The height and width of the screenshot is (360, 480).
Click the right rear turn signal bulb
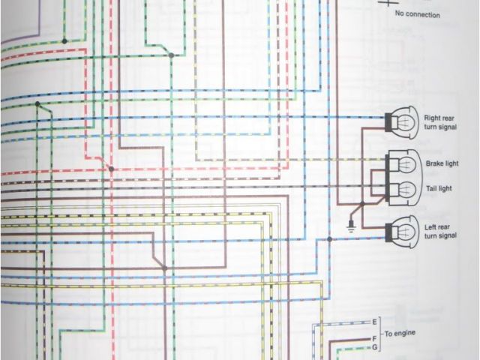click(406, 120)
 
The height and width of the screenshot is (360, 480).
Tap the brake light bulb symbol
click(406, 163)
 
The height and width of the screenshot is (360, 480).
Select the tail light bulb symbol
click(406, 187)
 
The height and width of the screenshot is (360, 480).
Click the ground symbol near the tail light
click(349, 223)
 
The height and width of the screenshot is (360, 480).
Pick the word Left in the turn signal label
click(432, 227)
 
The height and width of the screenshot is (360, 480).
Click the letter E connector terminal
click(375, 322)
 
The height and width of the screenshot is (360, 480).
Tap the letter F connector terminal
click(375, 340)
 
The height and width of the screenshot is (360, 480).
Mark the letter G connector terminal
click(375, 349)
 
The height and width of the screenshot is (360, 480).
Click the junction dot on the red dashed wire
click(111, 169)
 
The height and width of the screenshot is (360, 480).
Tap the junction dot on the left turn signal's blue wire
click(328, 239)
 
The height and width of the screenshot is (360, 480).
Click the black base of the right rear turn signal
click(389, 120)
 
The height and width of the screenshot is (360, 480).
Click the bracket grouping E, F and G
click(382, 333)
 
